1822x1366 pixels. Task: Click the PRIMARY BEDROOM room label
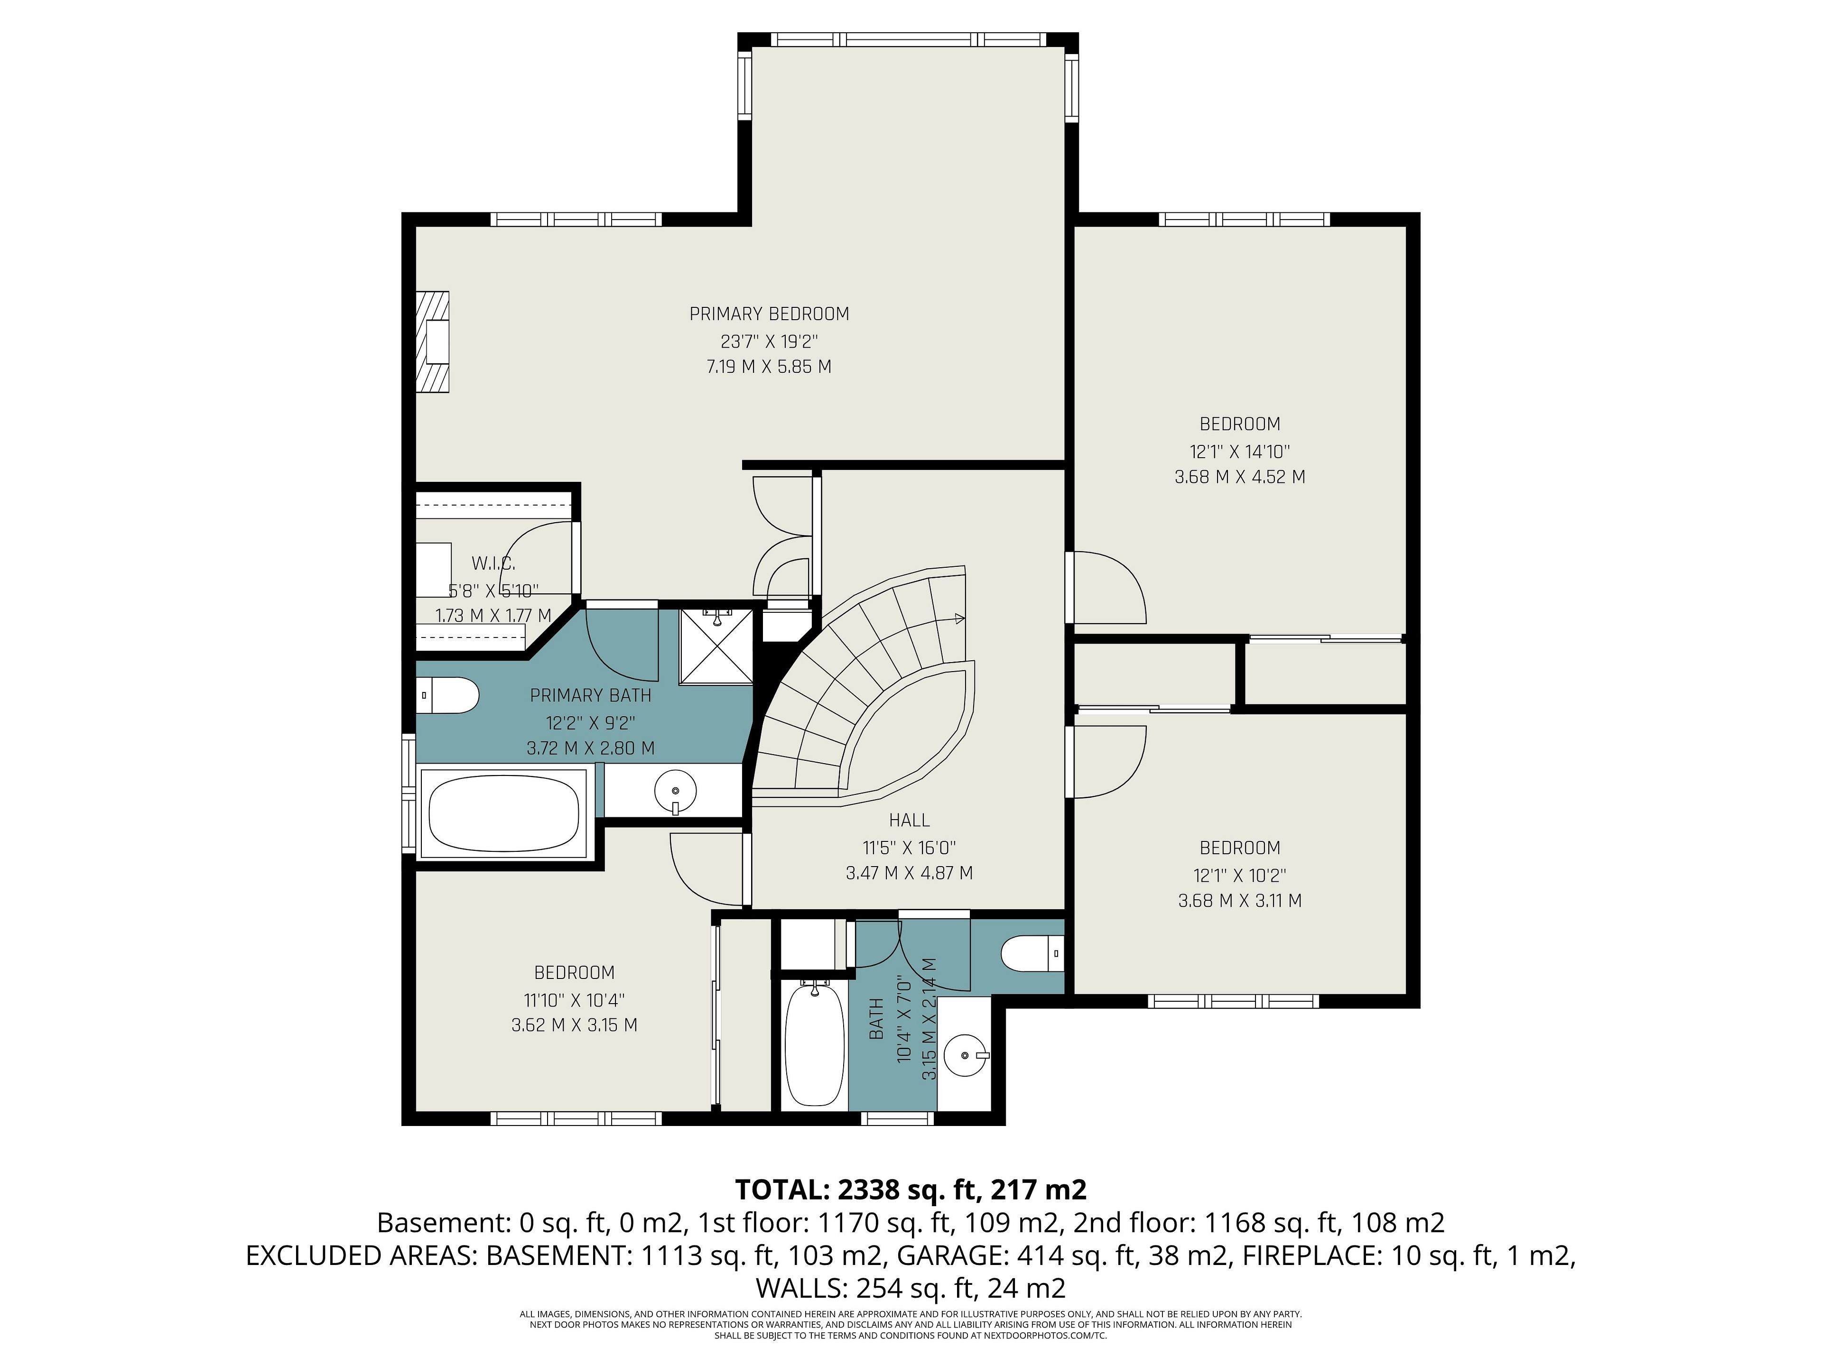(769, 314)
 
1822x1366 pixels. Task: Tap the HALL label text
(910, 820)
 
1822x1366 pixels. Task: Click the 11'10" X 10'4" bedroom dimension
(574, 999)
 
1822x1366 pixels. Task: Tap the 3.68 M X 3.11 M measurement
(1240, 901)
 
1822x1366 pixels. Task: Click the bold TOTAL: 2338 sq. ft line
(910, 1190)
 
